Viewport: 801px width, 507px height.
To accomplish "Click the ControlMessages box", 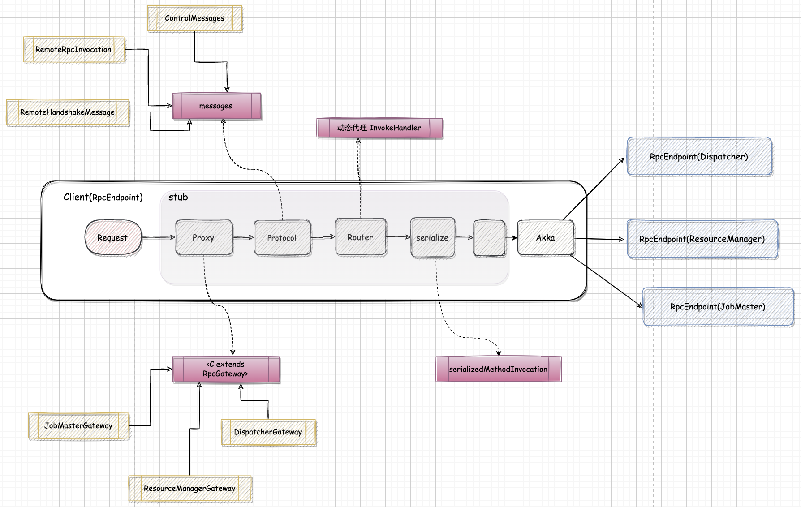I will (194, 18).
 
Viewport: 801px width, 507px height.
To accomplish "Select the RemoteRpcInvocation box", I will (73, 50).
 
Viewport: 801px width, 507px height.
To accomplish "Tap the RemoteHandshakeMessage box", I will (67, 112).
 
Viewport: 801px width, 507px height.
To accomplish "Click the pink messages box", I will (216, 106).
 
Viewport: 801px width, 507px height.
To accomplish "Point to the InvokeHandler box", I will (379, 128).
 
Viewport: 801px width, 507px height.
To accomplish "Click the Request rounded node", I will (113, 238).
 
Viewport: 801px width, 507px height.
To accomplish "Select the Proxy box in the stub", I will (204, 238).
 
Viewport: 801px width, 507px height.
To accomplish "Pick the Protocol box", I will (282, 238).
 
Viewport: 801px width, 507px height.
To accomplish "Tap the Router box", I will (361, 237).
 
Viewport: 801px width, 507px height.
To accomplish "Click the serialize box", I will (432, 238).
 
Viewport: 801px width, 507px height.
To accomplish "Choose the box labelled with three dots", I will (489, 239).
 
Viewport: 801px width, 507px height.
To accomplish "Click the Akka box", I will (546, 238).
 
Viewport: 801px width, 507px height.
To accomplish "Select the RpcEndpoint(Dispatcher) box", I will (699, 157).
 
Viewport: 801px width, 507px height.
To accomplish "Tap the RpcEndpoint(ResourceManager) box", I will (702, 239).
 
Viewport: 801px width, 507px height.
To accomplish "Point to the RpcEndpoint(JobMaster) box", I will (718, 307).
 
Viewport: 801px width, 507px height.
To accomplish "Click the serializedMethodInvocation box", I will (498, 369).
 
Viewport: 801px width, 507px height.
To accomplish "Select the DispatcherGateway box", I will (268, 432).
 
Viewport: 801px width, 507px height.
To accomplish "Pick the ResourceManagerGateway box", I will (189, 489).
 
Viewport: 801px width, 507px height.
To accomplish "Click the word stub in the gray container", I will (178, 198).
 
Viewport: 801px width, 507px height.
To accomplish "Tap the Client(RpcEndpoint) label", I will (103, 198).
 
